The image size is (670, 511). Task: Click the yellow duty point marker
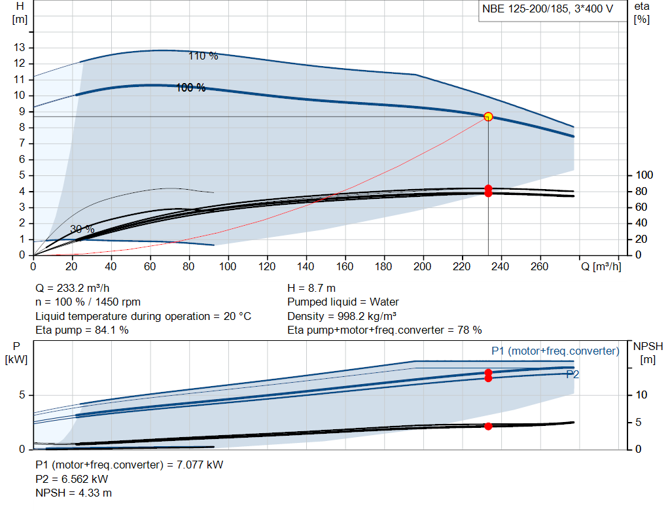(x=488, y=116)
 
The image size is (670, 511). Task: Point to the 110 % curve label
(x=203, y=56)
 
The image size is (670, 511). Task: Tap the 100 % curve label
(x=191, y=88)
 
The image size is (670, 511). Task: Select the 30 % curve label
(x=82, y=229)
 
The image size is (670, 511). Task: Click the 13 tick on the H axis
(x=19, y=47)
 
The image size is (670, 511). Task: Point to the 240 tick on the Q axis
(x=501, y=266)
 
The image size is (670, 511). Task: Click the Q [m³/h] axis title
(x=601, y=266)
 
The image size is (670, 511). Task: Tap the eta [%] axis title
(x=642, y=13)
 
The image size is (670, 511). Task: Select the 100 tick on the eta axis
(x=644, y=175)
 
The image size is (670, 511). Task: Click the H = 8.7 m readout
(x=311, y=289)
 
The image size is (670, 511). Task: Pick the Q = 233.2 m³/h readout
(x=73, y=289)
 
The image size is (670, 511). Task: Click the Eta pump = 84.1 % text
(x=82, y=330)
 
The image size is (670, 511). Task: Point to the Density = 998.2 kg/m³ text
(x=342, y=316)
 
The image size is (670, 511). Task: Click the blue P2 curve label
(x=573, y=374)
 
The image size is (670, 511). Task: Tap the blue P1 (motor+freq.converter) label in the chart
(x=555, y=351)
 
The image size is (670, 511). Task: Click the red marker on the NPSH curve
(x=488, y=426)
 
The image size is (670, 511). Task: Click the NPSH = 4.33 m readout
(x=73, y=493)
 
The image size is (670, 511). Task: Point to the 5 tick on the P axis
(x=22, y=395)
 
